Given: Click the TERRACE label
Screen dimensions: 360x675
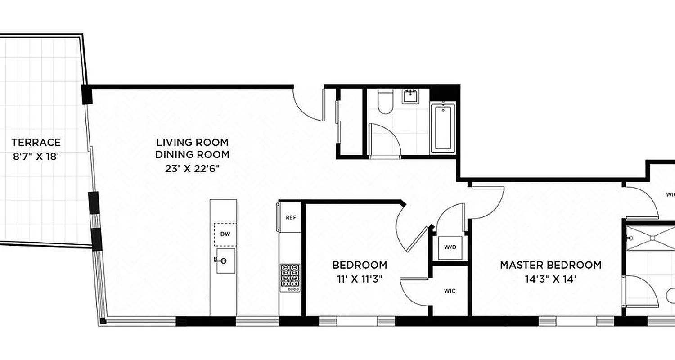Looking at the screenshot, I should [x=36, y=143].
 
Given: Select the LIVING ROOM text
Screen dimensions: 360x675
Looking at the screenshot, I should [x=193, y=143].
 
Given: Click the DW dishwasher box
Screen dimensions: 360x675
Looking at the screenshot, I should [x=225, y=234].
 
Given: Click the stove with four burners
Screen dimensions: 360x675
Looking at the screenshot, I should [x=290, y=275].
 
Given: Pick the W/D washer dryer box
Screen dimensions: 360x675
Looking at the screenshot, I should [x=451, y=247].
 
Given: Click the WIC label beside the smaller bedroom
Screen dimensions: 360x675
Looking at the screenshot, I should [x=450, y=291].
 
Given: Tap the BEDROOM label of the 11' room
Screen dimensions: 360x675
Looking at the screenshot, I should [x=360, y=265].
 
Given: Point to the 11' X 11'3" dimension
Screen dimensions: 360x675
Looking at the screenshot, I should [x=360, y=279].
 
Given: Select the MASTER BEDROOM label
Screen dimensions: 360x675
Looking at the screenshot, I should [x=551, y=265].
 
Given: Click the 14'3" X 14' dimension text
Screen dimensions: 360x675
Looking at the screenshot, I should [x=551, y=279].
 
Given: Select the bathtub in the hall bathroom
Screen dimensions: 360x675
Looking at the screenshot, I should [x=443, y=128].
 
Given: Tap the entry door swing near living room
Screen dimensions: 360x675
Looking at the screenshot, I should [x=308, y=106].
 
